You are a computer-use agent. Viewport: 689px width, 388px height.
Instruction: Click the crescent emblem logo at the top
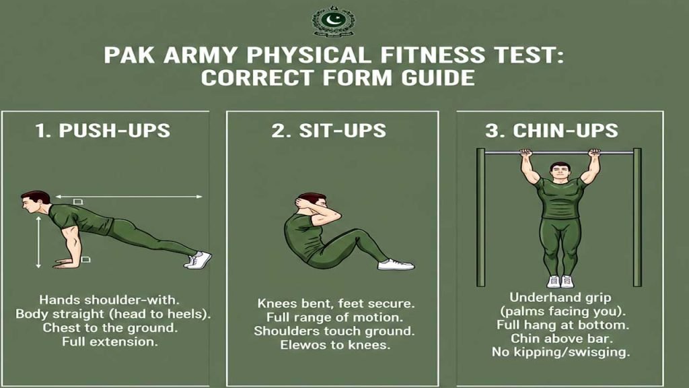tap(333, 21)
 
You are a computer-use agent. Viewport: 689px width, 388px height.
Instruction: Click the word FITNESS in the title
tap(433, 55)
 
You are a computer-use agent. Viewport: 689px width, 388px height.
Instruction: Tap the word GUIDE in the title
tap(437, 78)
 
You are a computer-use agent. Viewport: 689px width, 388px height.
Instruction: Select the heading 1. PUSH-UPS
tap(102, 131)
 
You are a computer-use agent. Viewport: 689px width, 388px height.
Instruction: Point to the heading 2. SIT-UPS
tap(328, 131)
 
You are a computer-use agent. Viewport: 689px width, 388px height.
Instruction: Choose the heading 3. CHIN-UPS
tap(552, 131)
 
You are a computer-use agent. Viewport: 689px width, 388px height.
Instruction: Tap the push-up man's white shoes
tap(198, 260)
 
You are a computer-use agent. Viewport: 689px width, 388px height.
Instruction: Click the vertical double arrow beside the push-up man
tap(38, 242)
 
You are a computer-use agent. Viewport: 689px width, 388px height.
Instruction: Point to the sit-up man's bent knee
tap(363, 235)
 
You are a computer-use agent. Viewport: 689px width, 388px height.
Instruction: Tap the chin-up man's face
tap(560, 172)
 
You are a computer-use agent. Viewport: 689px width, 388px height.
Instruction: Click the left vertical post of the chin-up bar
tap(480, 218)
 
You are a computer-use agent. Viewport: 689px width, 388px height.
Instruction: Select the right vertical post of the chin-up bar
tap(637, 218)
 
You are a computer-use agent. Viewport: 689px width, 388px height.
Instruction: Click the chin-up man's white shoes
tap(560, 281)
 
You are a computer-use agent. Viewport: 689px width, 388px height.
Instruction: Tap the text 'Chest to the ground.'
tap(110, 328)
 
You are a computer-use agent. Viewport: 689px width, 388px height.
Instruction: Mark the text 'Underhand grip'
tap(560, 298)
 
